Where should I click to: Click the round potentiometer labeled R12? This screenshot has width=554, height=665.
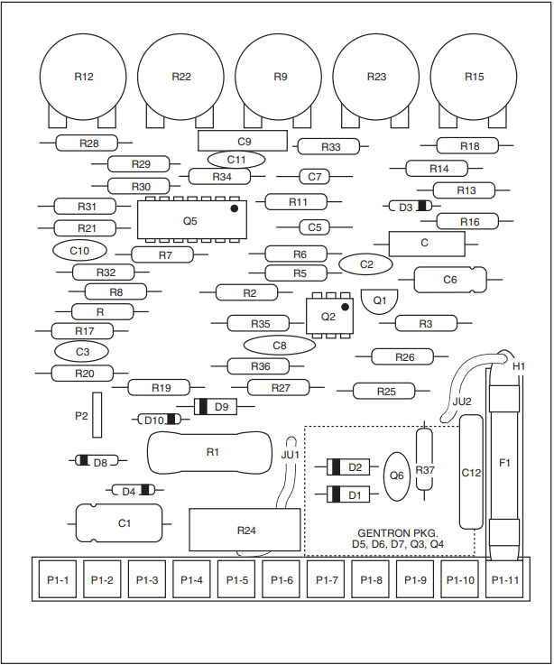coord(83,77)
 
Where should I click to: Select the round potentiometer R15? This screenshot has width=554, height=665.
coord(474,77)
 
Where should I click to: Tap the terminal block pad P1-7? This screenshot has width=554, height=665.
coord(327,579)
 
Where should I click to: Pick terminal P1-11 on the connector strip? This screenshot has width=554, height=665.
coord(504,579)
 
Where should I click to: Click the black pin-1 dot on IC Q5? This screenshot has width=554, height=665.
coord(234,208)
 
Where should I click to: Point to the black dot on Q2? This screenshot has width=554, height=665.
coord(345,307)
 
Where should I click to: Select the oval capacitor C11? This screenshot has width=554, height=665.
coord(236,160)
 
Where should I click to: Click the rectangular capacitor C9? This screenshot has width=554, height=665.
coord(243,141)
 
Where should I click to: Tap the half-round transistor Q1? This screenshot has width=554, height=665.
coord(380,301)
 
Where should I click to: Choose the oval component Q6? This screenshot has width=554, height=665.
coord(397,476)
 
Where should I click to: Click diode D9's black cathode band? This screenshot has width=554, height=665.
coord(203,407)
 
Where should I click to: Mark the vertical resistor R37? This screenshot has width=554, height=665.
coord(425,459)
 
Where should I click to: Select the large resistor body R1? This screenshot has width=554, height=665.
coord(210,453)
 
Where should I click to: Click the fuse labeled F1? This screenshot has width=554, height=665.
coord(504,462)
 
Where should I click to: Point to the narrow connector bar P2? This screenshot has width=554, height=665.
coord(97,415)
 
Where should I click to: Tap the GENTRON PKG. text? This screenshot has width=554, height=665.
coord(398,533)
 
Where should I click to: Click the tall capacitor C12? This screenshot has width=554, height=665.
coord(471,472)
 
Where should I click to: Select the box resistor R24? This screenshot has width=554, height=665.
coord(245,530)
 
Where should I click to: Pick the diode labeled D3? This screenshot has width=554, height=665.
coord(410,207)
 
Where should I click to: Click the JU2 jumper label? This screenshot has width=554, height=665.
coord(462,402)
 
